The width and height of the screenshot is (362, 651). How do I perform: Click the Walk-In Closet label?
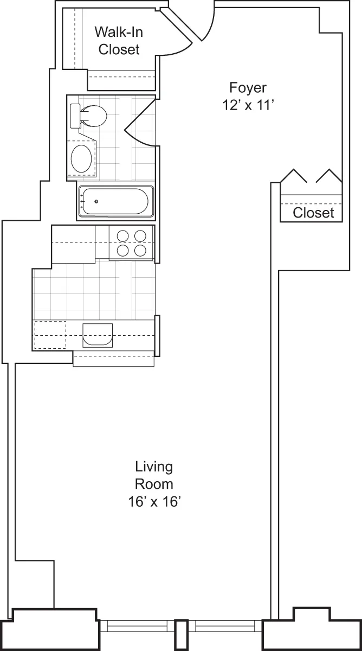pyautogui.click(x=118, y=40)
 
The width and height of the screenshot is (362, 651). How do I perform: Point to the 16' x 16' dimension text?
pyautogui.click(x=154, y=502)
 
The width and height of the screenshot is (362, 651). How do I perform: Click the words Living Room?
pyautogui.click(x=154, y=475)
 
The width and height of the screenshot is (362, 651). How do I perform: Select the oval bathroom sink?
pyautogui.click(x=82, y=158)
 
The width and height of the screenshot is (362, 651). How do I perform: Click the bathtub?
pyautogui.click(x=115, y=201)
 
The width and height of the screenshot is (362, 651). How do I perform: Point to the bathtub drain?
pyautogui.click(x=96, y=202)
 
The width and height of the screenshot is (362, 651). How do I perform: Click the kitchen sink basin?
pyautogui.click(x=98, y=335)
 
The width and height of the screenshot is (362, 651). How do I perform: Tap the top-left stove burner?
pyautogui.click(x=123, y=235)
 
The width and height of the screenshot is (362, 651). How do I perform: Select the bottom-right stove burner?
pyautogui.click(x=140, y=250)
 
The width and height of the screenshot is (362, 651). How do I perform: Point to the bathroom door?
pyautogui.click(x=140, y=123)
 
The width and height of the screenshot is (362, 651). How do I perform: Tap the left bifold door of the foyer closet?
pyautogui.click(x=294, y=177)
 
